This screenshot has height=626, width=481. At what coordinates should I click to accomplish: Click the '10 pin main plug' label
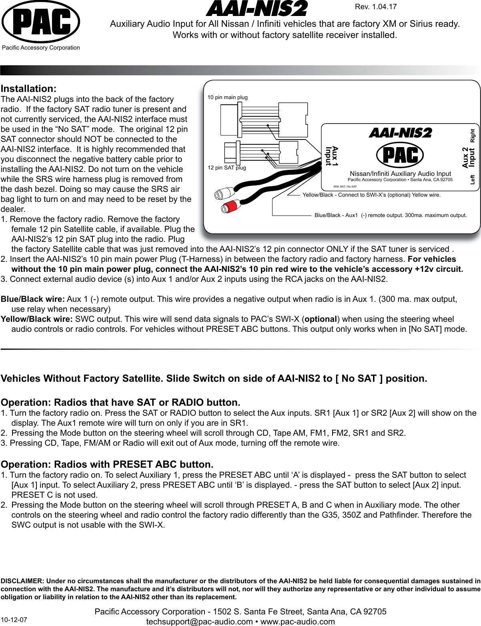click(x=228, y=97)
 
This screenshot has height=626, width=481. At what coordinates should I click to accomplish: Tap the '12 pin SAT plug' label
click(x=227, y=167)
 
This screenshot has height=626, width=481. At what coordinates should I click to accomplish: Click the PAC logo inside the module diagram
click(x=401, y=155)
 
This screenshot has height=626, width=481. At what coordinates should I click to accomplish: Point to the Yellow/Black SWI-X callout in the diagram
click(x=372, y=195)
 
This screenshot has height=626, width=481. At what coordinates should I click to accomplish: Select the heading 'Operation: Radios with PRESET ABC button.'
click(x=107, y=465)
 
